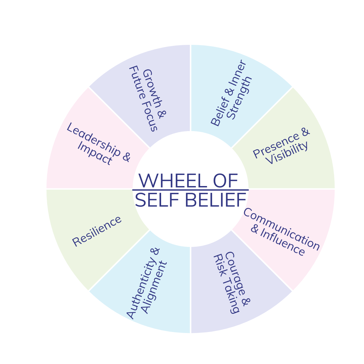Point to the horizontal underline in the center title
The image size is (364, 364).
tap(190, 190)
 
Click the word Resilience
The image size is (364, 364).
tap(97, 231)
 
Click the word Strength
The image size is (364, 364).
tap(240, 98)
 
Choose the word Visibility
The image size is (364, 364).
tap(287, 153)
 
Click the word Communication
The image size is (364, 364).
tap(281, 229)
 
